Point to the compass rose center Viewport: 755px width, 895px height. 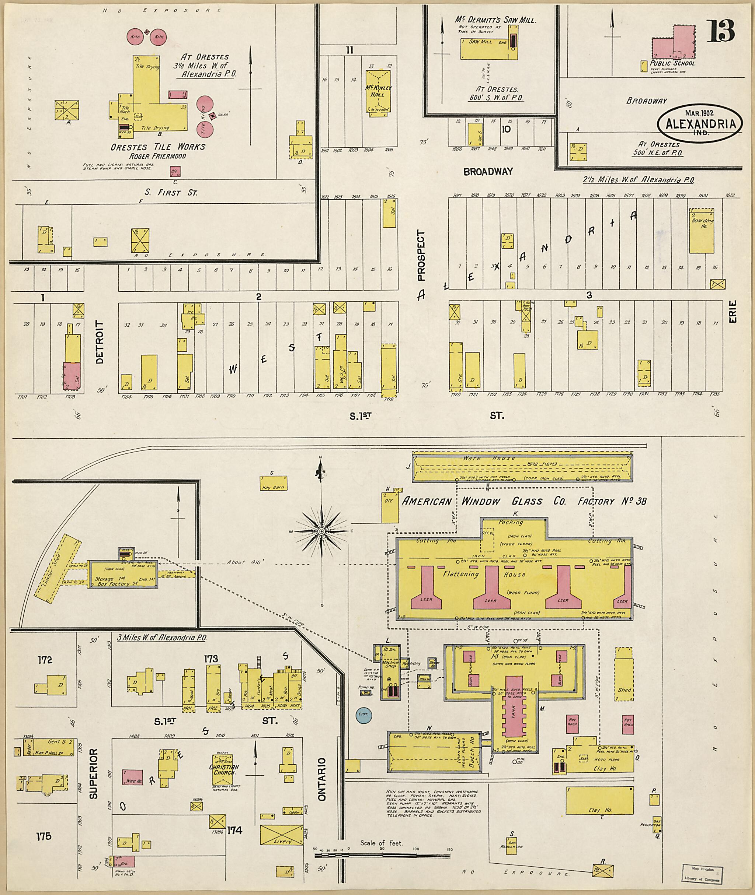pyautogui.click(x=321, y=531)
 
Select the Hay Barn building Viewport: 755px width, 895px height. pyautogui.click(x=273, y=484)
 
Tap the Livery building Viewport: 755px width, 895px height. pyautogui.click(x=282, y=835)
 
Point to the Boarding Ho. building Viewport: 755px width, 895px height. pyautogui.click(x=702, y=231)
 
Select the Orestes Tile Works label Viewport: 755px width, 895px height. pyautogui.click(x=158, y=147)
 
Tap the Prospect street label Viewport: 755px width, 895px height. pyautogui.click(x=422, y=256)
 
